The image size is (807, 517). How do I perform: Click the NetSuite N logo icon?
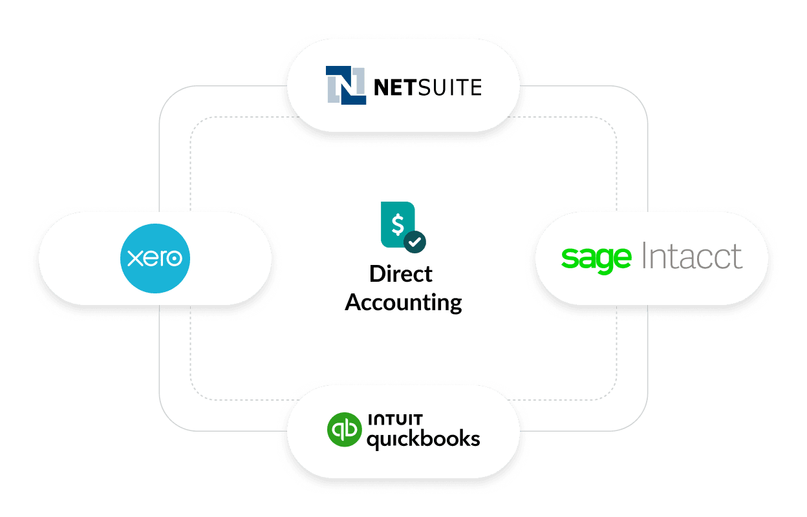(345, 85)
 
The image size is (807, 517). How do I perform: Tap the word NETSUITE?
(427, 87)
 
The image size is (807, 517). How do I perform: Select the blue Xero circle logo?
(155, 258)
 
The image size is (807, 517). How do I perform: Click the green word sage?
(596, 258)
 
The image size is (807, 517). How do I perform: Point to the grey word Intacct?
(692, 257)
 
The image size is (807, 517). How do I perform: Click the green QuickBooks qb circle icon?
(343, 430)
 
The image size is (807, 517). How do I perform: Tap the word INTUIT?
(396, 419)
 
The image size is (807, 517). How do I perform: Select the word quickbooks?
(423, 440)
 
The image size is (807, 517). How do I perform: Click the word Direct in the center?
(401, 274)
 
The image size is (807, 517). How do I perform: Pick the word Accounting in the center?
(403, 302)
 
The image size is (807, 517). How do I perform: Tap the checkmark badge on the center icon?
(414, 242)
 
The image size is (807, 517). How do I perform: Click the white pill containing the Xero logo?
(78, 258)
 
